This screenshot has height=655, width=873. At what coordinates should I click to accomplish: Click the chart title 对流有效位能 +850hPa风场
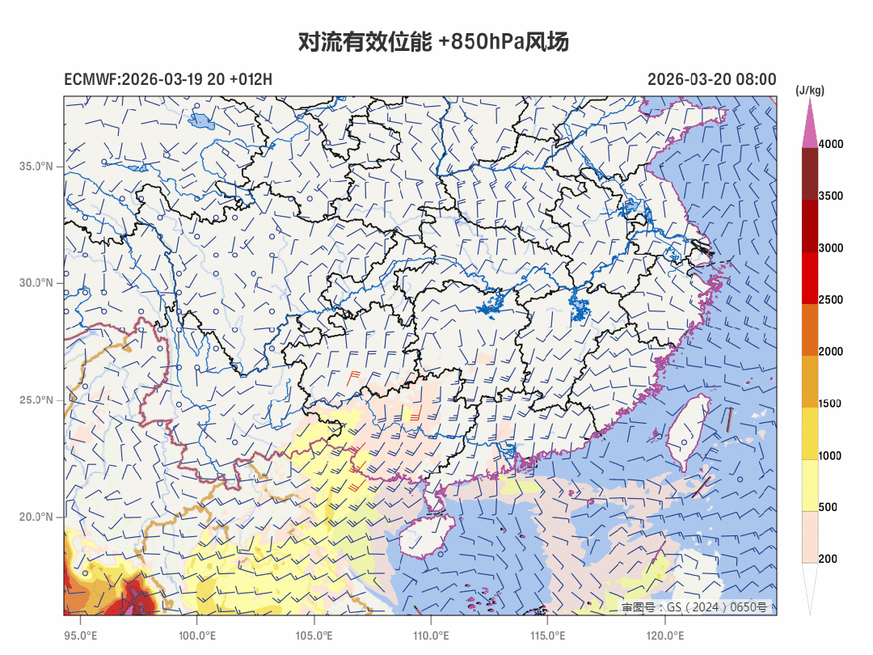(x=433, y=42)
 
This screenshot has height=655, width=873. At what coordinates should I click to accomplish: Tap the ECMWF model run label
(x=168, y=79)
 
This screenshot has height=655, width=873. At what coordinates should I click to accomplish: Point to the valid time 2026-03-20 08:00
(x=711, y=79)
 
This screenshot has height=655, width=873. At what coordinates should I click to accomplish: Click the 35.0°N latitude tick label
(x=36, y=167)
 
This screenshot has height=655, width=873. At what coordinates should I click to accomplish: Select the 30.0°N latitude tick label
(x=36, y=283)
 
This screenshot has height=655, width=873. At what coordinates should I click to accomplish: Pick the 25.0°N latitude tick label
(x=36, y=400)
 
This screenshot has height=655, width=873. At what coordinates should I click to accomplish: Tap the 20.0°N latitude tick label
(x=36, y=517)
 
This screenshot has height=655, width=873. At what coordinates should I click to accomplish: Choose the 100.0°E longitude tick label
(x=196, y=636)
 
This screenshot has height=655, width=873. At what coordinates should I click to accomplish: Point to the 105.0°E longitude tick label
(x=314, y=636)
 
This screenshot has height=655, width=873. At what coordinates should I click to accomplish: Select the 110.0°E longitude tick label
(x=431, y=636)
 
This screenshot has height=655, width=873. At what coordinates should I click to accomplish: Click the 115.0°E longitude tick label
(x=547, y=636)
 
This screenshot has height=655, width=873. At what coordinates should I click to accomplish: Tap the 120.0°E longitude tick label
(x=664, y=636)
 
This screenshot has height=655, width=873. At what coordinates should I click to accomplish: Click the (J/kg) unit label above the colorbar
(x=810, y=91)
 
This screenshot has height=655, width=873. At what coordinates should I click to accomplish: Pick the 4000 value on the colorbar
(x=830, y=144)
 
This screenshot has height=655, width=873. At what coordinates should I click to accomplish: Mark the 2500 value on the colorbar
(x=830, y=300)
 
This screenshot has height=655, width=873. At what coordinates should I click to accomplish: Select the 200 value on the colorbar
(x=827, y=559)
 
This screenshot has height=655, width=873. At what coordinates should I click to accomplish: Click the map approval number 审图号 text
(x=694, y=606)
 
